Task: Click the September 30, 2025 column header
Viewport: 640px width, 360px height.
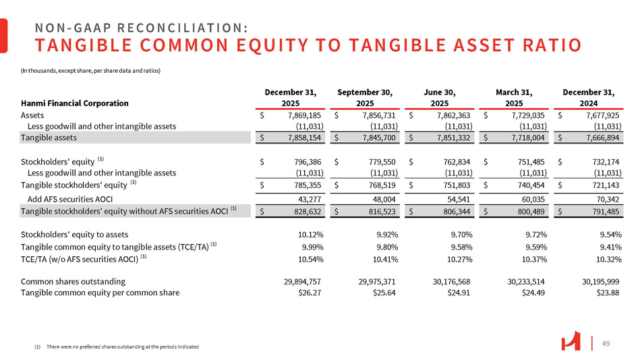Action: pos(365,97)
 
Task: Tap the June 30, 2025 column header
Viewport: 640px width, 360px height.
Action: pos(440,97)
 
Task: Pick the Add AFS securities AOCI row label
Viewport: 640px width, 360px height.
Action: pos(69,199)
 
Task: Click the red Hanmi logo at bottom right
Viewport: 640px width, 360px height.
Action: pos(571,342)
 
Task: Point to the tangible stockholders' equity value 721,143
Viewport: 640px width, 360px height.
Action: pos(602,184)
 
